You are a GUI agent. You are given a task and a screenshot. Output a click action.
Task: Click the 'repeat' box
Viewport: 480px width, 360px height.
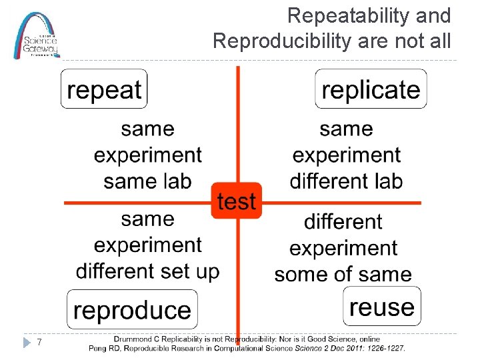pyautogui.click(x=104, y=89)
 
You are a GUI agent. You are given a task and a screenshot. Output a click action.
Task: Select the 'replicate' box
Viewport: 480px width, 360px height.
pyautogui.click(x=371, y=89)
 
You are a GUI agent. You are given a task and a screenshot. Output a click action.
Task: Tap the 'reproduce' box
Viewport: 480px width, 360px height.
pyautogui.click(x=132, y=310)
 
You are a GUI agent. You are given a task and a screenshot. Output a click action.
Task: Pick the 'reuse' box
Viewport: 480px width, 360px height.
pyautogui.click(x=382, y=307)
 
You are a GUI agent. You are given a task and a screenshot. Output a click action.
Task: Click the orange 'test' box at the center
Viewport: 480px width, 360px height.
pyautogui.click(x=237, y=201)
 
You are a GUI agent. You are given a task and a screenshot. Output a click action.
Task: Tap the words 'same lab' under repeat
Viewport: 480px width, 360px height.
pyautogui.click(x=147, y=181)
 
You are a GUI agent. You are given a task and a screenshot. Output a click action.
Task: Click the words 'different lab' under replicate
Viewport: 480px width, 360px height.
pyautogui.click(x=346, y=181)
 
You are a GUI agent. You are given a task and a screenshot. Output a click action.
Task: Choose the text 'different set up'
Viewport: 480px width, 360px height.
pyautogui.click(x=147, y=271)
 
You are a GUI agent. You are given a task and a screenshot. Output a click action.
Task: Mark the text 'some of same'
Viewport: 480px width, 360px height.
pyautogui.click(x=343, y=274)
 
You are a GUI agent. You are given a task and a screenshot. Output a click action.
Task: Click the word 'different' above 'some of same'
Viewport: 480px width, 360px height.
pyautogui.click(x=343, y=221)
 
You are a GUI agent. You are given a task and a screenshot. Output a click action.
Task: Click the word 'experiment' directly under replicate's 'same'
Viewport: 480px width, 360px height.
pyautogui.click(x=346, y=155)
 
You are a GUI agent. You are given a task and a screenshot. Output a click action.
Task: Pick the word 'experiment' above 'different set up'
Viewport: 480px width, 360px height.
pyautogui.click(x=147, y=245)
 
